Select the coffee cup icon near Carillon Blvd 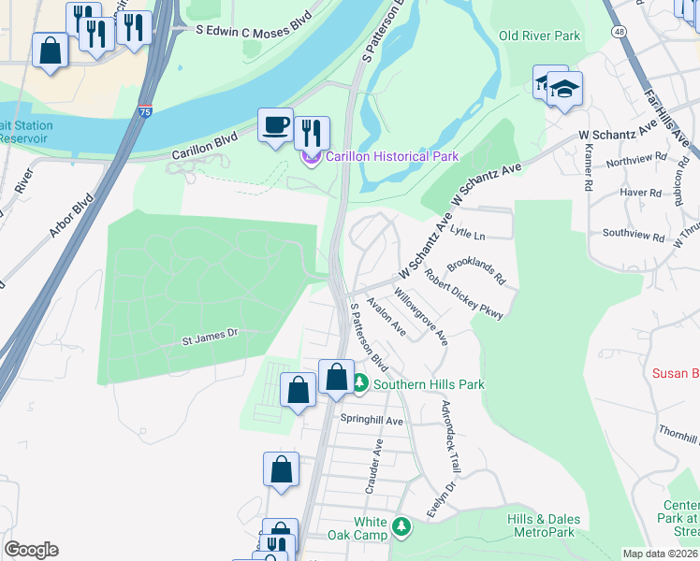275,124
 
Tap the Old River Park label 539,36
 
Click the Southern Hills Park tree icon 360,383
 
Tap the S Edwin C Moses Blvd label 252,30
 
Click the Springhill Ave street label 372,421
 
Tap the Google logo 31,550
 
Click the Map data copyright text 661,554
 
